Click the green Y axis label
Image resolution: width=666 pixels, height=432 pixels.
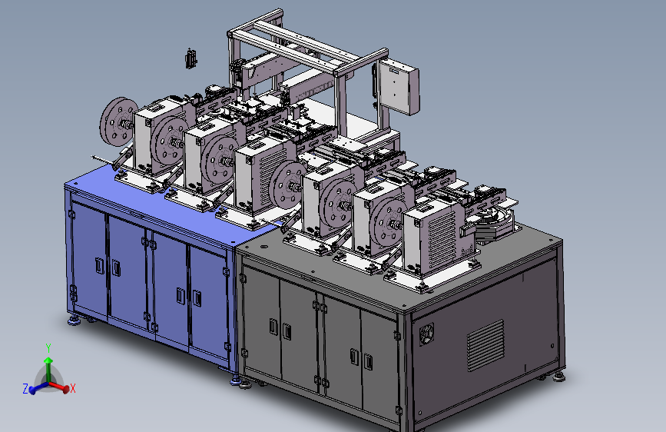point(48,348)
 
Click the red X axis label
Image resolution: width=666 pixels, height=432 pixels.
point(73,388)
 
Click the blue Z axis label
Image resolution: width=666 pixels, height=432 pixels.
point(25,389)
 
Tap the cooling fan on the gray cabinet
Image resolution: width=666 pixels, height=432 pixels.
point(426,334)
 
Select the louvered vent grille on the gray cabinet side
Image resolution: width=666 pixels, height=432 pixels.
point(485,345)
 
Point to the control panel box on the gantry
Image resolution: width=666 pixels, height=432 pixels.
point(399,87)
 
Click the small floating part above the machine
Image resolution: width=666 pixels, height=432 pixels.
point(191,58)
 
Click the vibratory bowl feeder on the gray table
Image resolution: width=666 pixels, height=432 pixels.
point(495,222)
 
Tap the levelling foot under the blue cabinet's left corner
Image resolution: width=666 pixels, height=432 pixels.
point(74,321)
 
